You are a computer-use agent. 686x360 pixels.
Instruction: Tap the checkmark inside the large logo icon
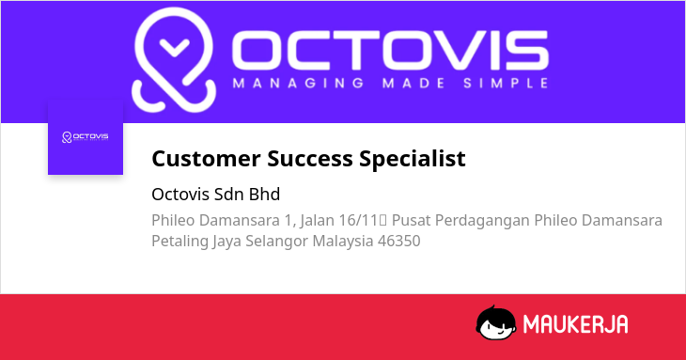point(175,47)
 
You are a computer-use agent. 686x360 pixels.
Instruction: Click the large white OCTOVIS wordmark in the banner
point(390,51)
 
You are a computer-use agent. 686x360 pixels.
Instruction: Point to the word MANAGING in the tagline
point(299,83)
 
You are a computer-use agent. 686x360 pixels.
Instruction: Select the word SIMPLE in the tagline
point(506,83)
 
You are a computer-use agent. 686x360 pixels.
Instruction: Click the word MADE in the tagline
point(413,83)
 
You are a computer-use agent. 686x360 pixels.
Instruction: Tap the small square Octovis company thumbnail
point(86,137)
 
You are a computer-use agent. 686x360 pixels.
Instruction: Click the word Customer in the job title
point(206,158)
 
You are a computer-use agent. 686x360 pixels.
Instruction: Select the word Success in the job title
point(310,158)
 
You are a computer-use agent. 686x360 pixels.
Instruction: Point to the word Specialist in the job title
point(413,159)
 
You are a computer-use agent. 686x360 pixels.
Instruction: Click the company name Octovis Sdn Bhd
point(216,195)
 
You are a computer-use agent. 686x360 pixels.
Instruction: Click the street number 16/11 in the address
point(358,220)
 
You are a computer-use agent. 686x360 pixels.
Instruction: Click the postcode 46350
point(399,241)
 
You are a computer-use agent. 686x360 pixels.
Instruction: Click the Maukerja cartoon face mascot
point(495,322)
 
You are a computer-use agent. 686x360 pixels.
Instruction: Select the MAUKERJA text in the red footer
point(576,324)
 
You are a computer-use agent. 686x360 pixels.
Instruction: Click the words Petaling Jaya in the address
point(196,242)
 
